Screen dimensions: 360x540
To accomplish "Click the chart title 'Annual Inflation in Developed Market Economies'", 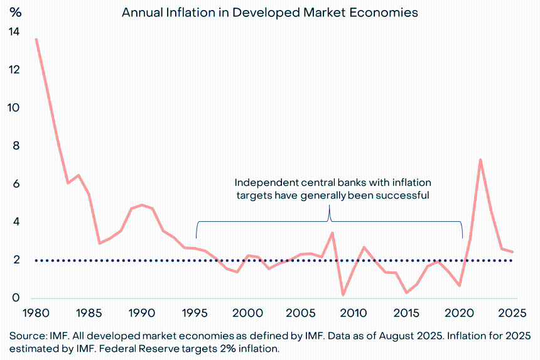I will click(x=269, y=13).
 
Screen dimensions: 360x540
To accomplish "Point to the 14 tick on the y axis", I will click(x=14, y=32).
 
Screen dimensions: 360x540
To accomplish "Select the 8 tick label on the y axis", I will click(x=14, y=146).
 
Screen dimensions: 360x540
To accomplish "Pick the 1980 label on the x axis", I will click(x=36, y=312).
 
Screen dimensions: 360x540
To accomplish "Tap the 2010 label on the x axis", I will click(x=354, y=312).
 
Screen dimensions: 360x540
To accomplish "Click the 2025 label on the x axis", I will click(x=512, y=312).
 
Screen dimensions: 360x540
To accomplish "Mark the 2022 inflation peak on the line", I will click(x=480, y=160).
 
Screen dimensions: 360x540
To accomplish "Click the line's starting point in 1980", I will click(x=36, y=40).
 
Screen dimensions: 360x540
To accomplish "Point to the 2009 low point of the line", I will click(x=343, y=294).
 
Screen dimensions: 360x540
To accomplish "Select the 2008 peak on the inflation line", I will click(x=332, y=233).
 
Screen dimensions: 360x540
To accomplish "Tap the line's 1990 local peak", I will click(x=142, y=205).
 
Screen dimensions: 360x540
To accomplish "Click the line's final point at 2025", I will click(x=512, y=252).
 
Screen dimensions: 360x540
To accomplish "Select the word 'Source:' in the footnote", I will click(x=26, y=335).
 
